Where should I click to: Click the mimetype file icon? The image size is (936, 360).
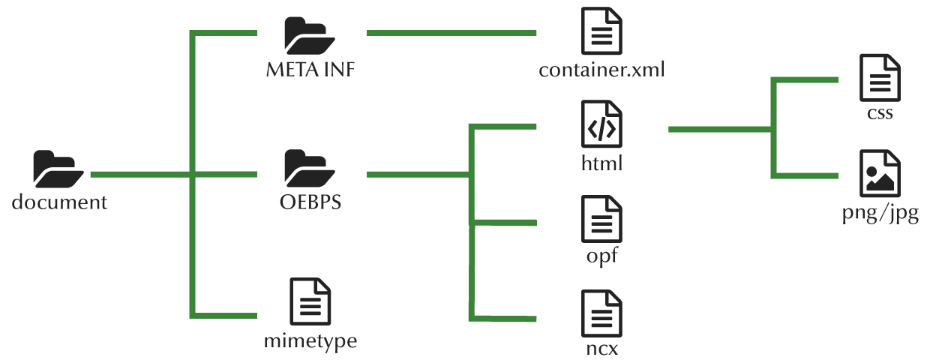coord(310,301)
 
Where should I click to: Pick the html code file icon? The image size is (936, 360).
coord(601,125)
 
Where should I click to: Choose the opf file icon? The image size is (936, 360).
coord(601,219)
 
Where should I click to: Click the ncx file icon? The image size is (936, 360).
coord(601,313)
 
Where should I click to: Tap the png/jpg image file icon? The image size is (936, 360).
coord(880,174)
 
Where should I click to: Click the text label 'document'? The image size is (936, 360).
coord(59,202)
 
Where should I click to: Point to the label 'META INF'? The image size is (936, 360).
coord(310,70)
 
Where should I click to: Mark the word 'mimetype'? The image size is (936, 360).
coord(310,342)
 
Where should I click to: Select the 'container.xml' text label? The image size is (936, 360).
coord(601,70)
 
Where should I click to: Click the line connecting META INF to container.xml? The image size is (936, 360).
coord(451,33)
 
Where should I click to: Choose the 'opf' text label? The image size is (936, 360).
coord(601,256)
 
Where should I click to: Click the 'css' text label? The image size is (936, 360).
coord(880,114)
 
